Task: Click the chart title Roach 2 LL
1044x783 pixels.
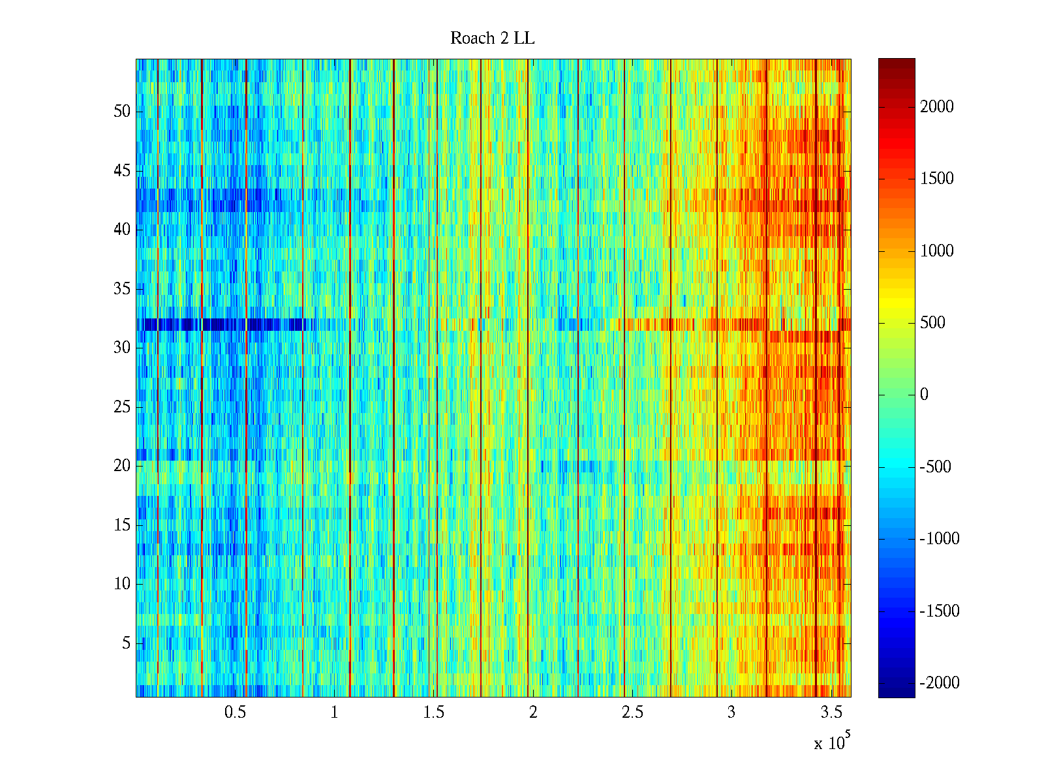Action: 492,38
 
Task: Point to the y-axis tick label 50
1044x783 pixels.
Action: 122,112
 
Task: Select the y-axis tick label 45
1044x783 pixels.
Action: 122,171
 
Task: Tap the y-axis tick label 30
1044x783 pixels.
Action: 122,348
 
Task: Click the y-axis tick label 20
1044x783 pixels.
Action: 122,466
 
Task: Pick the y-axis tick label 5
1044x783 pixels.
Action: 126,643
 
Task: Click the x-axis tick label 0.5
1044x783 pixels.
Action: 235,713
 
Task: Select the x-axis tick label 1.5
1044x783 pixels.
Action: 434,713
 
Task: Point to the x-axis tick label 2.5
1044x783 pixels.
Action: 632,713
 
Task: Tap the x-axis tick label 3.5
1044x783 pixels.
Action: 831,713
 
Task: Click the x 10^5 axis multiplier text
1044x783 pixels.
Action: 832,743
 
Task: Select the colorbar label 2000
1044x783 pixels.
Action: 937,107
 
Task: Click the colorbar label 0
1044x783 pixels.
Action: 924,395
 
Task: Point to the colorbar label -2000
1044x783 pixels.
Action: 940,683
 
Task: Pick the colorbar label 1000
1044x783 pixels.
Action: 937,251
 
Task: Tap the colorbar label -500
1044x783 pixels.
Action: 936,467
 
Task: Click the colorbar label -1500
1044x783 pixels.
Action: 940,611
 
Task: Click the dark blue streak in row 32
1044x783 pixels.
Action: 222,324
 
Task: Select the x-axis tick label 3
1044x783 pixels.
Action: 731,713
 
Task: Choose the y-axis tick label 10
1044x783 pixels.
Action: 122,584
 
